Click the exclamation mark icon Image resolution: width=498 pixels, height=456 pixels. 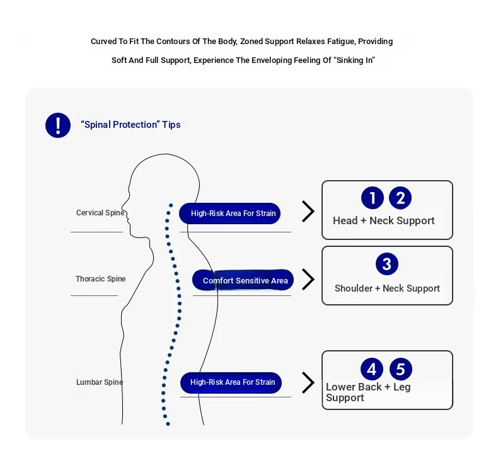point(58,125)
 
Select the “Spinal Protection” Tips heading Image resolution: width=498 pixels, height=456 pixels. point(130,125)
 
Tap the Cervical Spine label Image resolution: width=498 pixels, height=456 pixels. point(100,213)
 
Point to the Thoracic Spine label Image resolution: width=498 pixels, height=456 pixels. point(101,279)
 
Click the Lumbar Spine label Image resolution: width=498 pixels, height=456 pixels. point(100,382)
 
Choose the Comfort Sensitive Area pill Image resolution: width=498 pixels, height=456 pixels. point(243,280)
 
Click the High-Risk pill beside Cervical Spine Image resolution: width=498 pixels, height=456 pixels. point(229,214)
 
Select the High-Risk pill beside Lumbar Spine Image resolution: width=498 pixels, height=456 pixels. point(231,383)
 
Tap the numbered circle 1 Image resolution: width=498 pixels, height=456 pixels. point(372,198)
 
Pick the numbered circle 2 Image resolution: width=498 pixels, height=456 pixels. point(400,198)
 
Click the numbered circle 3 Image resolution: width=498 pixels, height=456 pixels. point(387,264)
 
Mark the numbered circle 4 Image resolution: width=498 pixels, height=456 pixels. point(371,369)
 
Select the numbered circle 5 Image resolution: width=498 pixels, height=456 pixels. point(401,369)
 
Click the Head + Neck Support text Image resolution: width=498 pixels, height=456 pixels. point(384,220)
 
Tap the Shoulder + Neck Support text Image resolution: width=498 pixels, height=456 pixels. point(387,288)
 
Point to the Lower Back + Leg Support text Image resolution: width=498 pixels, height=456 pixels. point(368,392)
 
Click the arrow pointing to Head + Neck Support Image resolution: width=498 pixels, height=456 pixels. point(308,212)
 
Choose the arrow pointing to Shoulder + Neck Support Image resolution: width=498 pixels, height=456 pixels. point(308,280)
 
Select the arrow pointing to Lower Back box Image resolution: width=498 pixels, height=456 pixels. point(308,383)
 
